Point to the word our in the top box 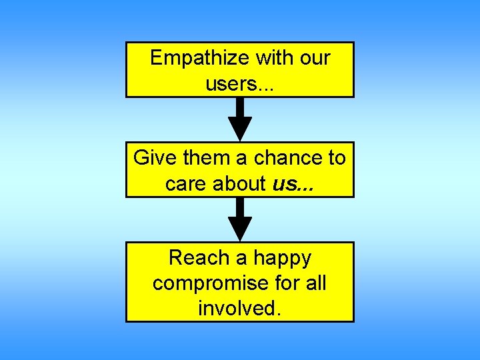(x=314, y=59)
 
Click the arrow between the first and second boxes (x=240, y=120)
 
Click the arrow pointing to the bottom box (x=240, y=220)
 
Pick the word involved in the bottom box (x=236, y=309)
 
